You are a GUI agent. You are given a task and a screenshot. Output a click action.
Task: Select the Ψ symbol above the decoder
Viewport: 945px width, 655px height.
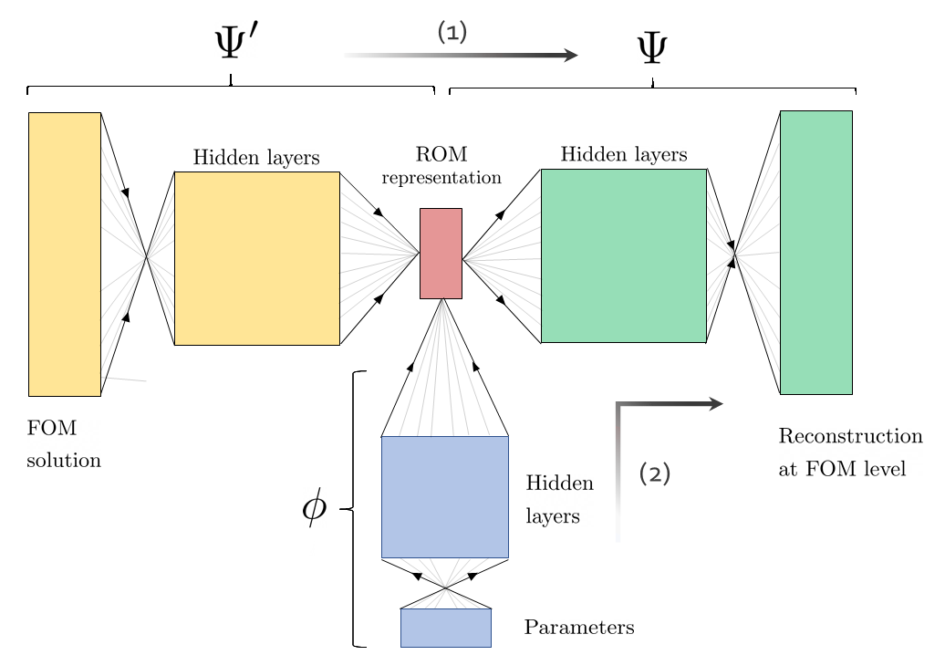(651, 51)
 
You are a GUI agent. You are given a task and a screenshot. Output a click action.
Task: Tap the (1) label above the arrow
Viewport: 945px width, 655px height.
(452, 32)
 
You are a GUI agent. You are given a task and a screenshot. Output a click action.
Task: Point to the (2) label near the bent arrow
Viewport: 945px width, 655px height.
(655, 473)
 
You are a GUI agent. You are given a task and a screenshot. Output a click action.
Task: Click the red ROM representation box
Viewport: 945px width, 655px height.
(441, 253)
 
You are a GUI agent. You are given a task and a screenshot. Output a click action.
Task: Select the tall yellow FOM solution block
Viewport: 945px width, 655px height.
(64, 254)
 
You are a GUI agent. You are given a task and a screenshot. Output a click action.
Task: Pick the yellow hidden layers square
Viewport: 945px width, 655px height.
(256, 258)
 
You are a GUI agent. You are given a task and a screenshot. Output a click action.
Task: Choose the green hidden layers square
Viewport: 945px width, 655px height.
(623, 255)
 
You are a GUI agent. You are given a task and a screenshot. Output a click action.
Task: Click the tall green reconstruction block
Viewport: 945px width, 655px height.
(815, 252)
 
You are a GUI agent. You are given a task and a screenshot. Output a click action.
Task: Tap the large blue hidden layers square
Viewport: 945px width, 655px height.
(444, 496)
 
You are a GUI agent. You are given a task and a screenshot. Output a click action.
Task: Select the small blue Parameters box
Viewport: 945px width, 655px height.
(445, 628)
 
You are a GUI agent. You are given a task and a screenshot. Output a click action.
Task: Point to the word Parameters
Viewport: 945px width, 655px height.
(578, 628)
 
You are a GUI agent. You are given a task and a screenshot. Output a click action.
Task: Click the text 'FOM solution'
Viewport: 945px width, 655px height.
(62, 444)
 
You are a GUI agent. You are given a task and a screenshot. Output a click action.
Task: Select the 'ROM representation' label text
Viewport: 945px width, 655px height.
(441, 165)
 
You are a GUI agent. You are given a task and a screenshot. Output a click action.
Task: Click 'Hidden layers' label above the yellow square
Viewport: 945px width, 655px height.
(256, 158)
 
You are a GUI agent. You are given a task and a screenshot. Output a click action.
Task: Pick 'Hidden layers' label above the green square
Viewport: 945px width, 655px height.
(623, 154)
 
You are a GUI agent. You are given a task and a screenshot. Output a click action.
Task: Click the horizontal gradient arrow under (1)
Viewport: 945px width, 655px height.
(461, 56)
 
